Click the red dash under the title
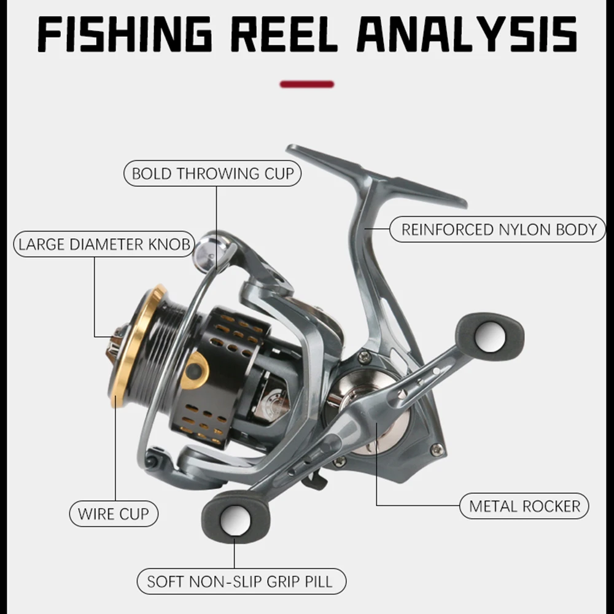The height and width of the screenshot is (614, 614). coord(307,84)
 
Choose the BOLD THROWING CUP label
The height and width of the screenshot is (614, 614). coord(213,174)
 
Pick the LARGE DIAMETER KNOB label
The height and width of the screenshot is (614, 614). coord(104,244)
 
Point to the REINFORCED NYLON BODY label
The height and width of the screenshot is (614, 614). coord(499,230)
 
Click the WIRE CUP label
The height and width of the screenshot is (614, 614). coord(114,513)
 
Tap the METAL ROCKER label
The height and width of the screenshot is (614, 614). coord(524,507)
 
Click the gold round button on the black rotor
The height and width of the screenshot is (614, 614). coord(195,371)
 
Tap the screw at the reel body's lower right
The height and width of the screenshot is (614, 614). coord(437,450)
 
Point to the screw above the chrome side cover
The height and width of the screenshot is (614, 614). coord(364,357)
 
